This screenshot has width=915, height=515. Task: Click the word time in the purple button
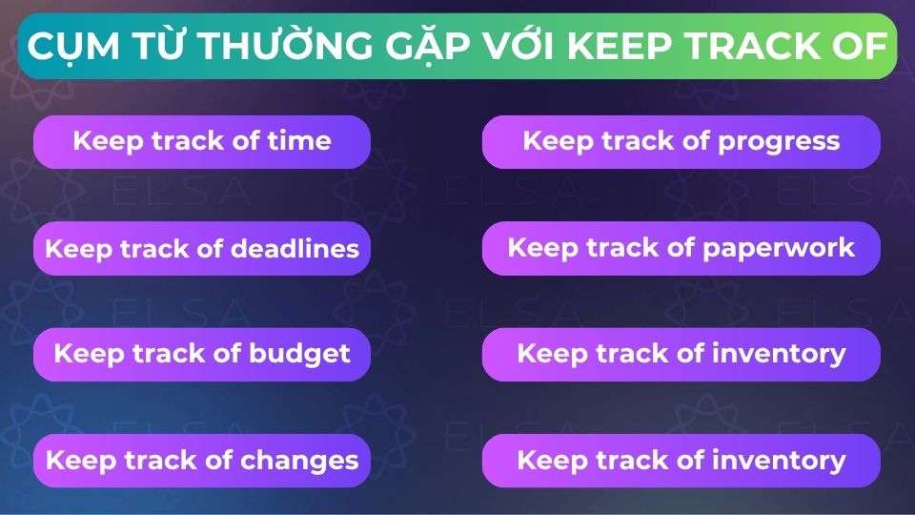click(x=298, y=142)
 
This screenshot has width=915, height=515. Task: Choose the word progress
click(x=779, y=142)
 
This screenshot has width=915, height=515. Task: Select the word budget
click(x=299, y=354)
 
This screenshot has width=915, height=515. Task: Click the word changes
click(x=299, y=461)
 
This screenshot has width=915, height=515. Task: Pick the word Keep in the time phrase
click(x=107, y=142)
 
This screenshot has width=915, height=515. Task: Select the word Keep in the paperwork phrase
click(x=541, y=249)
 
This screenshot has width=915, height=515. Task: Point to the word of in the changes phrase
click(x=221, y=461)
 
